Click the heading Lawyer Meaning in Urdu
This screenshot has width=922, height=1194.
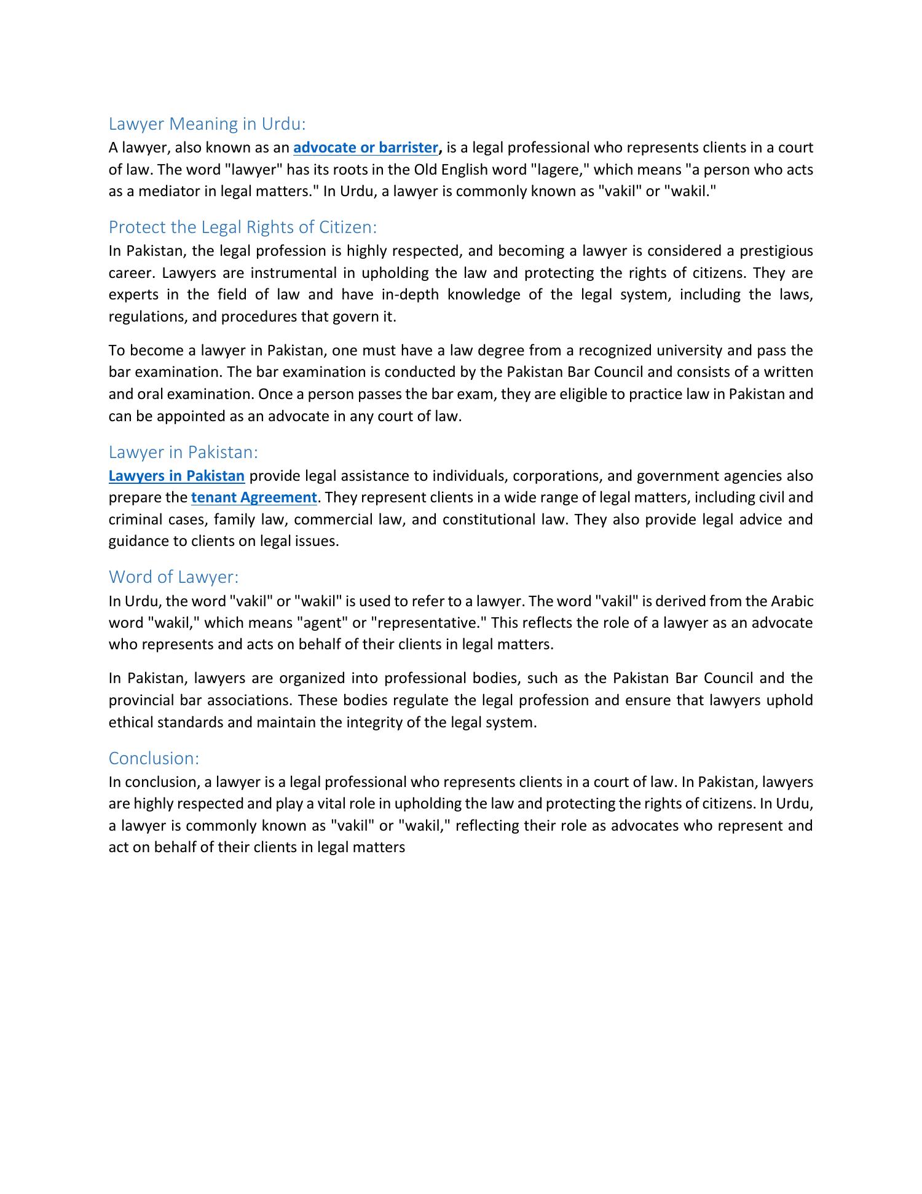pos(207,124)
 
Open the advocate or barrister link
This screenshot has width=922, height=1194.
pos(366,148)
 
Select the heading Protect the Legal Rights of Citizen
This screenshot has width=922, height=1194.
pos(242,227)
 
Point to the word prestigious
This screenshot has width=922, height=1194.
pos(776,251)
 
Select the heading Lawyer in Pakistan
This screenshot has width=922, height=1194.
pos(183,452)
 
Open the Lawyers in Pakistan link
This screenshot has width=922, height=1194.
pos(176,476)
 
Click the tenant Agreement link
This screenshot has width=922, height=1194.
pos(254,497)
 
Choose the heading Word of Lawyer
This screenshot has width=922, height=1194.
pos(173,577)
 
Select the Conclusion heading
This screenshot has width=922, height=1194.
pos(154,758)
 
